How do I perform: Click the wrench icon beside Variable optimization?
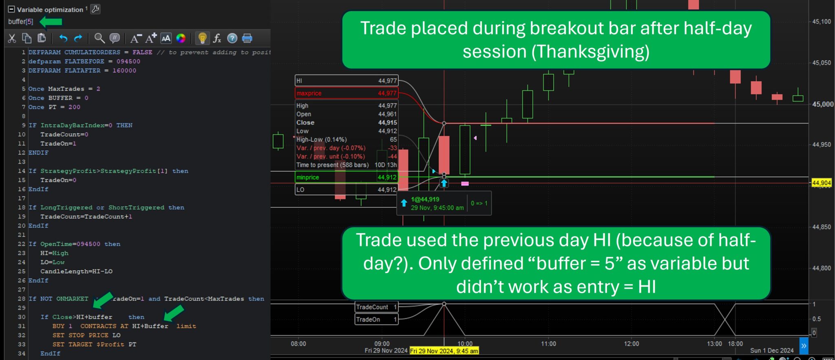click(95, 9)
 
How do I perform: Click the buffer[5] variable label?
click(20, 22)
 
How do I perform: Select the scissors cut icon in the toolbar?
click(12, 38)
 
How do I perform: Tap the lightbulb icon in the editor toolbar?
click(202, 38)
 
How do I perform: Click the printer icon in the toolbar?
click(247, 38)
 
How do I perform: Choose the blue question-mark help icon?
click(232, 38)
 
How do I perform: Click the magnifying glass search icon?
click(99, 38)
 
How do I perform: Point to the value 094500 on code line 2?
click(128, 62)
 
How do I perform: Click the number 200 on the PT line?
click(74, 107)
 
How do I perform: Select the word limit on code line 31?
click(186, 326)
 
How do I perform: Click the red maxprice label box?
click(346, 93)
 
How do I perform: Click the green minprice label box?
click(346, 177)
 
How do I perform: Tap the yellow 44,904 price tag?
click(822, 183)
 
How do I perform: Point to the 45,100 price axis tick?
click(822, 22)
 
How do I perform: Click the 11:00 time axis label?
click(548, 344)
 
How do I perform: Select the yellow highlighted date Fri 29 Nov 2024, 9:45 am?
click(444, 351)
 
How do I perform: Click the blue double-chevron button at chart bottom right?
click(804, 346)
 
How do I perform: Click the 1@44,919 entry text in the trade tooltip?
click(425, 199)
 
